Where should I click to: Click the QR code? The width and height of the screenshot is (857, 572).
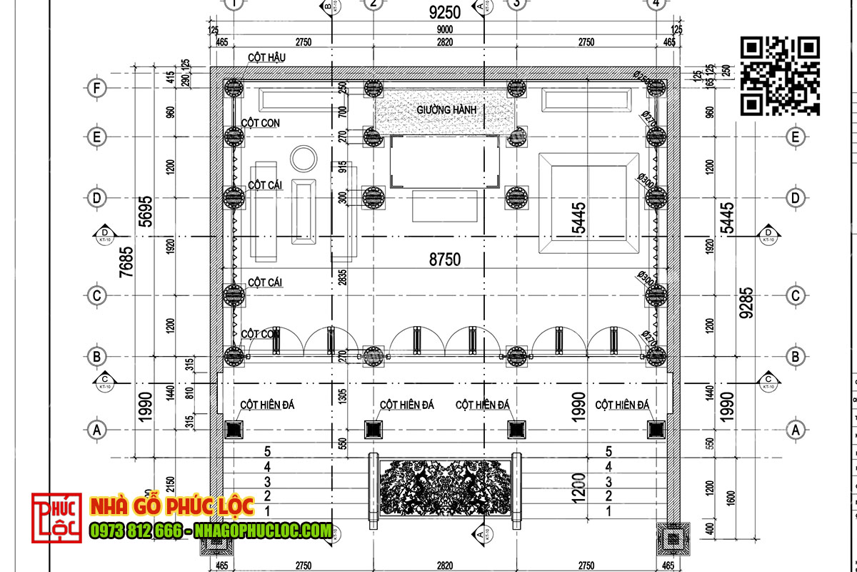pyautogui.click(x=779, y=76)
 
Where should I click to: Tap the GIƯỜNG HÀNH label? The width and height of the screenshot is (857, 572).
pyautogui.click(x=446, y=110)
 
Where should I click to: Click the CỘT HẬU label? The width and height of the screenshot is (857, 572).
pyautogui.click(x=266, y=57)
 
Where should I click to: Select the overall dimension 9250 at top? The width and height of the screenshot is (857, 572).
pyautogui.click(x=444, y=12)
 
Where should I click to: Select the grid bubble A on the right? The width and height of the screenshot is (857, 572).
pyautogui.click(x=793, y=430)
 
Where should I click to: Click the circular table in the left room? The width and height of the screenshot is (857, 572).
pyautogui.click(x=304, y=159)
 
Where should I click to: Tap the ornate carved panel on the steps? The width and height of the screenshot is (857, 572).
pyautogui.click(x=444, y=490)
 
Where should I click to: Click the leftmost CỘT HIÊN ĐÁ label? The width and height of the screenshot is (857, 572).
pyautogui.click(x=267, y=405)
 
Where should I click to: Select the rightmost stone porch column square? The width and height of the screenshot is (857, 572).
pyautogui.click(x=656, y=429)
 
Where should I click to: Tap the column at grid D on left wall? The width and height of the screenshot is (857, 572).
pyautogui.click(x=233, y=197)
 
